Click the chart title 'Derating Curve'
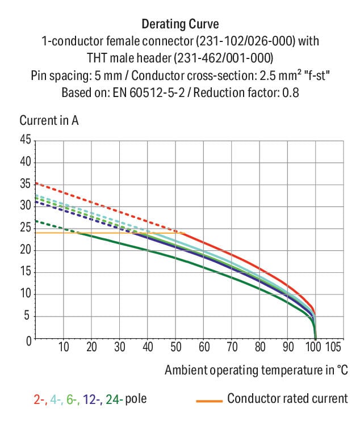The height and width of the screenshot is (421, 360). (179, 24)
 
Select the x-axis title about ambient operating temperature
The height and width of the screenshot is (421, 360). (256, 371)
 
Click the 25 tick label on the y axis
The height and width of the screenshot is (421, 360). (26, 228)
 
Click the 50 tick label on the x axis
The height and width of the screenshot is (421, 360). (176, 347)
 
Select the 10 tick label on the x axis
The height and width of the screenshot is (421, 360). (64, 347)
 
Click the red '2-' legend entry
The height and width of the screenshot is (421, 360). (39, 399)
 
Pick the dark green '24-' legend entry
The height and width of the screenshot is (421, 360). (114, 399)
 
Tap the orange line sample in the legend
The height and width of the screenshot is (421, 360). (208, 401)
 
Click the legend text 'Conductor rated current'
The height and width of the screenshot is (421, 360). (287, 398)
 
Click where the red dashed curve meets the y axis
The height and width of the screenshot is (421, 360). (36, 183)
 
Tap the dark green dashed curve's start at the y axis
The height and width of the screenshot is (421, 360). (36, 221)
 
